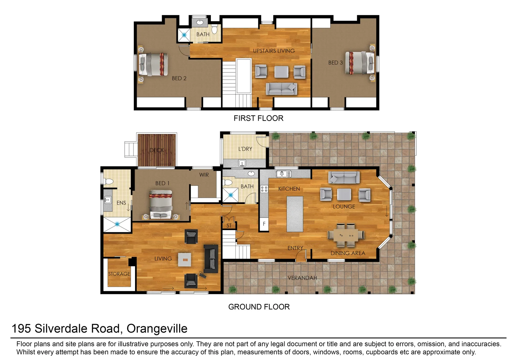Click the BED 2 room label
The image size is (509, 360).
click(179, 78)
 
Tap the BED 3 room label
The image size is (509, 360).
click(335, 63)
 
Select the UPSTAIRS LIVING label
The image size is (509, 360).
click(274, 51)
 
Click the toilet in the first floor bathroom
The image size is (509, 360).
click(214, 30)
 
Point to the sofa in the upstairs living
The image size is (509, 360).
click(281, 89)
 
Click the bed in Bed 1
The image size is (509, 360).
click(161, 204)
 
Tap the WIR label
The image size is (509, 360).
click(204, 175)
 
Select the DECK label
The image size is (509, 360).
click(156, 150)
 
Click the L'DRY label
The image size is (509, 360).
click(245, 149)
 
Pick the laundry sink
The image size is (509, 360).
click(242, 163)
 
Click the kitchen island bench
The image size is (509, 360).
click(295, 214)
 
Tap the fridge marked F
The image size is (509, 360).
click(264, 224)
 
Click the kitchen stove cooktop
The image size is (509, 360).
click(264, 189)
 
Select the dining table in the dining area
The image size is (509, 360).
click(346, 235)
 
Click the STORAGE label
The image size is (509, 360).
click(119, 274)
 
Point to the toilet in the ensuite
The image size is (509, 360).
click(109, 182)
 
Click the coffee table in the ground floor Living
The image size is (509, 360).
click(184, 259)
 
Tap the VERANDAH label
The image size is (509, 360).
click(302, 278)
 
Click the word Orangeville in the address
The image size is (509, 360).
click(157, 329)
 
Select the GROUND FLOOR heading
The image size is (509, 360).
click(259, 307)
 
